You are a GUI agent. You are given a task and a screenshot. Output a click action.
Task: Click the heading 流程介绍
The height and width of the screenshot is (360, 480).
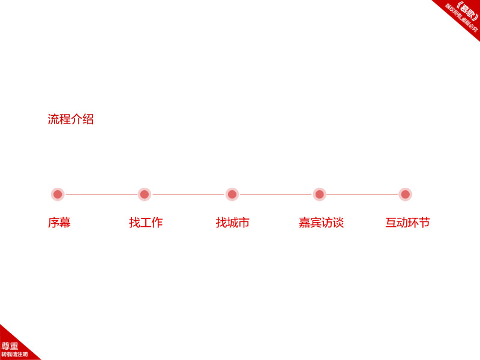[71, 119]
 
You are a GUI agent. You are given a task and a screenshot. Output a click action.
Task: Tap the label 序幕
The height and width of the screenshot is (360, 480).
[59, 223]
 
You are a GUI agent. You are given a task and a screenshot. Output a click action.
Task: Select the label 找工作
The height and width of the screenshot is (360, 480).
[146, 223]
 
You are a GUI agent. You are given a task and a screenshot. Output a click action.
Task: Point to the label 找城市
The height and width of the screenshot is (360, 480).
[232, 223]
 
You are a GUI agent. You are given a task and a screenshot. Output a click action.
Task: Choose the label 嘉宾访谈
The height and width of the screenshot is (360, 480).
[321, 223]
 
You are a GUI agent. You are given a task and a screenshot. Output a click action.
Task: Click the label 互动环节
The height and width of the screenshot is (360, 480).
[407, 223]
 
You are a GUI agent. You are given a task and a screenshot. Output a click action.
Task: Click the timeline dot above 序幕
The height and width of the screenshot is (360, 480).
[58, 194]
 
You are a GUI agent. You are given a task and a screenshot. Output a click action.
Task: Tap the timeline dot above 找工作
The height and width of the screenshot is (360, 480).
[145, 194]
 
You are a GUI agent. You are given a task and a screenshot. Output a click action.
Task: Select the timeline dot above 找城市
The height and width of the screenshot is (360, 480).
[232, 194]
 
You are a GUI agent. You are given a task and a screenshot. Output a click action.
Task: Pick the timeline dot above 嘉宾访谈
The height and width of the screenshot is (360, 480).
[319, 194]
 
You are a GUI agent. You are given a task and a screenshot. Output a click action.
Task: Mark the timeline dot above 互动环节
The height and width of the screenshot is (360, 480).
[406, 194]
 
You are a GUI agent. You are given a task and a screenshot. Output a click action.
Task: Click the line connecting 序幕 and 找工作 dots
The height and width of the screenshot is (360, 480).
[101, 194]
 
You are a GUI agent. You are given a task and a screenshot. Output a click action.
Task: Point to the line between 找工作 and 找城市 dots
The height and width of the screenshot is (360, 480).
[188, 194]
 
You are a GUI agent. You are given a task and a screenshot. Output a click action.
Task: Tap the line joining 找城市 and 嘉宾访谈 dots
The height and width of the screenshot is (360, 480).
[276, 194]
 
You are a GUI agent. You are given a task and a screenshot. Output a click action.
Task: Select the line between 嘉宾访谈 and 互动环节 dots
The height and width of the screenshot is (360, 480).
[362, 194]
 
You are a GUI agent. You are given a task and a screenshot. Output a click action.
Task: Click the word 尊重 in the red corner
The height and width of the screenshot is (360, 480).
[10, 346]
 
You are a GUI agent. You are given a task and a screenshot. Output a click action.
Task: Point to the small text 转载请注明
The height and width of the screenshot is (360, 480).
[14, 355]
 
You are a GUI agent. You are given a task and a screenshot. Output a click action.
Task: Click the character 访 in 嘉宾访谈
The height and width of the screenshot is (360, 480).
[327, 223]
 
